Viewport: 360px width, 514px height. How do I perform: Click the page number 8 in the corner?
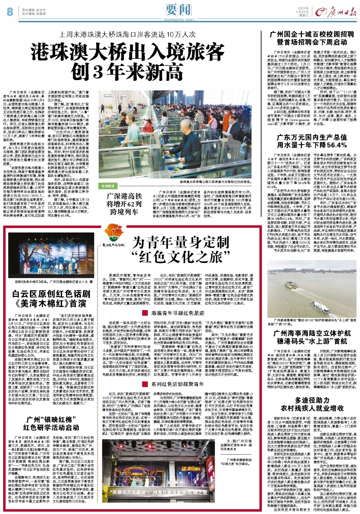tap(9, 12)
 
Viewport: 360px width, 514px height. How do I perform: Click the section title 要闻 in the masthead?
tap(179, 10)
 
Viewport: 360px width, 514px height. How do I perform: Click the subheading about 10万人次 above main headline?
tap(127, 35)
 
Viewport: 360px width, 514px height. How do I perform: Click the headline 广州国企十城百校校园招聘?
tap(312, 34)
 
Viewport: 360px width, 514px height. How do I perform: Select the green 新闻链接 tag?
tap(108, 186)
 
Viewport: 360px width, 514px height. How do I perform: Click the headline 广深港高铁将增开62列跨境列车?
tap(124, 204)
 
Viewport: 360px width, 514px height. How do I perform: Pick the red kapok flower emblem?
tap(112, 233)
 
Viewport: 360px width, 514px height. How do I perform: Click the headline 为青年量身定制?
tap(181, 242)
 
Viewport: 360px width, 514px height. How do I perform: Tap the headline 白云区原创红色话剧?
tap(51, 294)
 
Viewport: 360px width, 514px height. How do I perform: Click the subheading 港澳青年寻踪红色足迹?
tap(178, 313)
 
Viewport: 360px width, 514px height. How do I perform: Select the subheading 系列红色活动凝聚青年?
tap(178, 384)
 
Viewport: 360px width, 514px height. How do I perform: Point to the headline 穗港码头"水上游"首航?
tap(312, 341)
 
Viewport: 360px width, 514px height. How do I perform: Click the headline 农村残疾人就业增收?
tap(312, 408)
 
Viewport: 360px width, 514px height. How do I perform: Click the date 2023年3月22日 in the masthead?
tap(303, 12)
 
